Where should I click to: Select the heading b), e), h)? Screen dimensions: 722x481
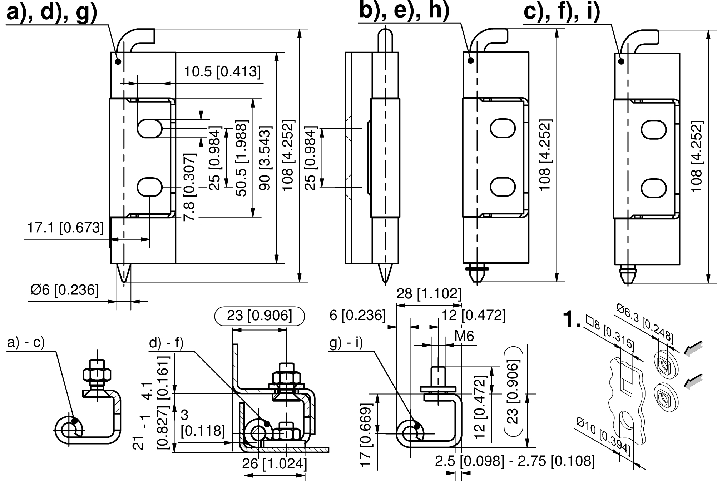point(404,11)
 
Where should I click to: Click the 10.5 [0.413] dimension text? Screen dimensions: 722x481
point(222,72)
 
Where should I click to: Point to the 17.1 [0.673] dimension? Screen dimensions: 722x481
point(65,228)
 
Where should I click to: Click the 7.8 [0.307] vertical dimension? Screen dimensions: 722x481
point(190,187)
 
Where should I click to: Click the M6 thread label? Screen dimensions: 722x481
point(464,336)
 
